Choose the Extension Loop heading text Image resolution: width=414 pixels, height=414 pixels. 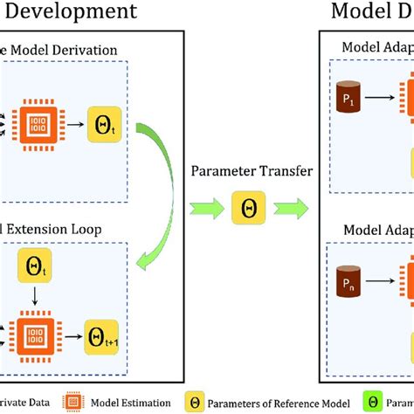(x=66, y=229)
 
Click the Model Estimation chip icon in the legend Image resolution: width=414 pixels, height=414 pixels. (x=73, y=403)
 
